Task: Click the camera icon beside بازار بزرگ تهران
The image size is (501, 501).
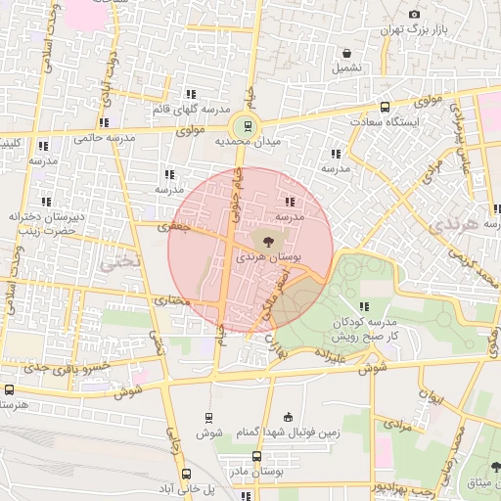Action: tap(415, 14)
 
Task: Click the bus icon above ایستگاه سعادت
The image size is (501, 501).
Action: tap(386, 107)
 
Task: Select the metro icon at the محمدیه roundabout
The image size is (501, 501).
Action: tap(246, 125)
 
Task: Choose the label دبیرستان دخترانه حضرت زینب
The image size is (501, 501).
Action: tap(56, 221)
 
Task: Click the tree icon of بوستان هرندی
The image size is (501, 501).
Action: tap(266, 239)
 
